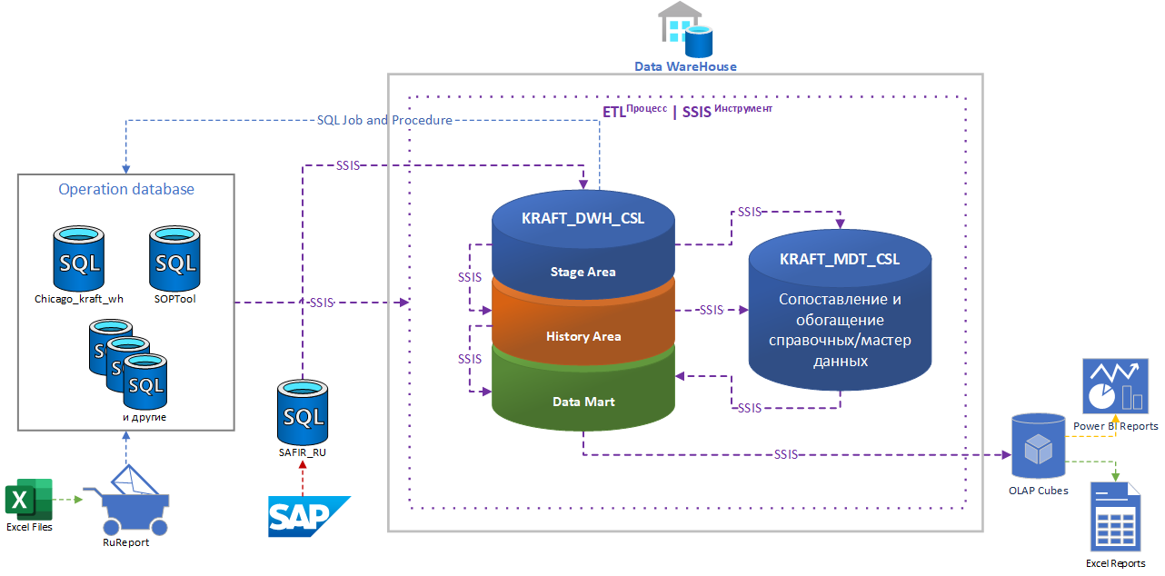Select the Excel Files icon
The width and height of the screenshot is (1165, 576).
29,500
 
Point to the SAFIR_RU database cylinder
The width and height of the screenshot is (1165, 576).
303,412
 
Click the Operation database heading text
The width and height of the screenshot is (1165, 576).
126,189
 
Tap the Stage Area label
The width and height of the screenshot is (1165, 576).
582,272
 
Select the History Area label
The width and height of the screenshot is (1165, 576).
583,336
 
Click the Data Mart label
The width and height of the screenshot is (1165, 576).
583,401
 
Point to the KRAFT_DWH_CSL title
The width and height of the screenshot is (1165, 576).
582,218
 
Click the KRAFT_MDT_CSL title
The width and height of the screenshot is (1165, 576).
840,259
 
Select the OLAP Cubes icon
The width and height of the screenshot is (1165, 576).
1038,447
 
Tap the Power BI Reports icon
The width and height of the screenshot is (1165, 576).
1115,386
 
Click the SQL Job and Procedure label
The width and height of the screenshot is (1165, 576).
384,120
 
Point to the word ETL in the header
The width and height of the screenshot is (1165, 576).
614,112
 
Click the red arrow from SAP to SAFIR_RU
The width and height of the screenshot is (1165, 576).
304,478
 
